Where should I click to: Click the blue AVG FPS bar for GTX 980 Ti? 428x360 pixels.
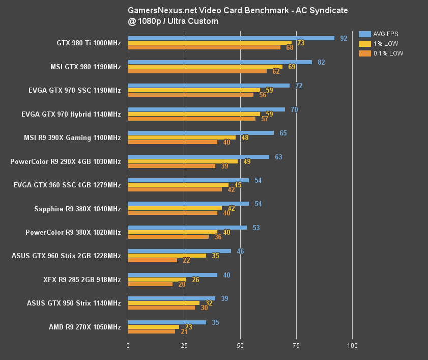[231, 38]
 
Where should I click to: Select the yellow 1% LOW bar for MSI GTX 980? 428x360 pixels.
[205, 67]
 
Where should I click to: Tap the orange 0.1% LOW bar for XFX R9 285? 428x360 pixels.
[150, 284]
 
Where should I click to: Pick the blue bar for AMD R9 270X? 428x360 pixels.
[167, 322]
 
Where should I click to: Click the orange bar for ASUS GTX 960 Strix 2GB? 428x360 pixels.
[153, 260]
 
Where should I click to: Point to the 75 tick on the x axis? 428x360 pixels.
[296, 346]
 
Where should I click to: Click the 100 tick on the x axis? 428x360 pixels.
[352, 346]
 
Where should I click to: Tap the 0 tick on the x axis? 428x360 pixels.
[128, 346]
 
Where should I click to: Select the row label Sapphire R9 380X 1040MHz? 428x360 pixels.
[77, 209]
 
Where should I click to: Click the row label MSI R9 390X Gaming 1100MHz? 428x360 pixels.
[72, 138]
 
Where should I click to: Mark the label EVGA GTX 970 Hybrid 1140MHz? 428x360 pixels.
[71, 115]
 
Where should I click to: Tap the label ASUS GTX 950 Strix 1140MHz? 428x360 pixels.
[74, 303]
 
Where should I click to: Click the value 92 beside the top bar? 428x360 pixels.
[344, 38]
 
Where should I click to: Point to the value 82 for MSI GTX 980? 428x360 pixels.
[321, 62]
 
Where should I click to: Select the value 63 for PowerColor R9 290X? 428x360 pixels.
[278, 157]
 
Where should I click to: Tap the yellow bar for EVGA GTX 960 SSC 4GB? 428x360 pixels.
[178, 185]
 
